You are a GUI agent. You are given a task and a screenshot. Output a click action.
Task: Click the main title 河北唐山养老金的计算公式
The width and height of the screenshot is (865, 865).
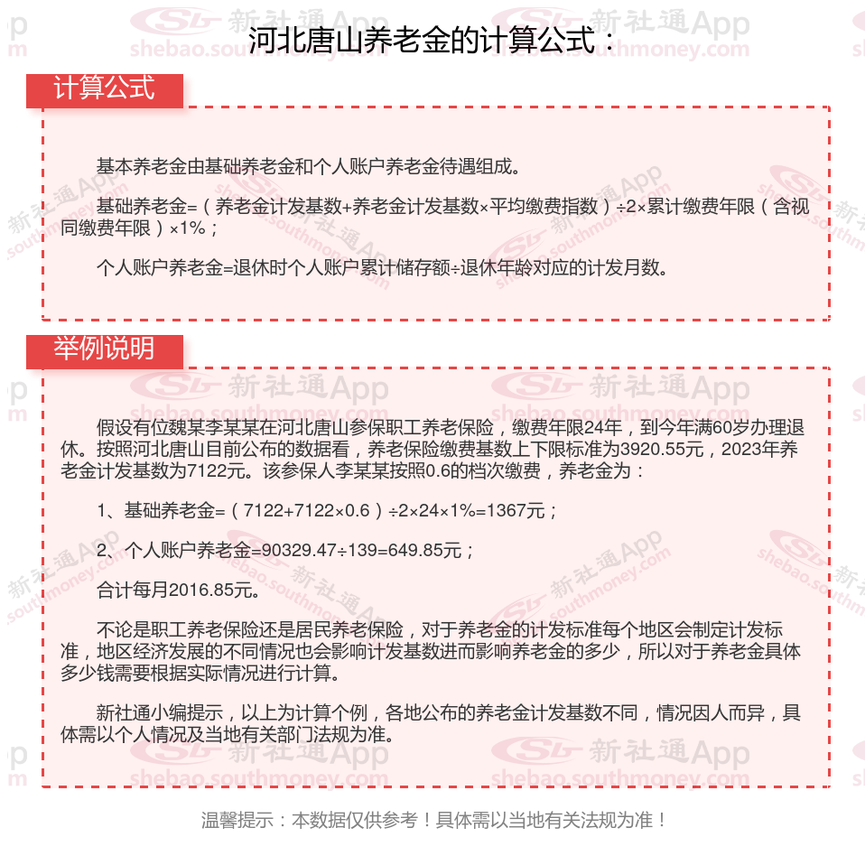(x=432, y=41)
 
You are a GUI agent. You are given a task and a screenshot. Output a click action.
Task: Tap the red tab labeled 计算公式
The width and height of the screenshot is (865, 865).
(x=104, y=88)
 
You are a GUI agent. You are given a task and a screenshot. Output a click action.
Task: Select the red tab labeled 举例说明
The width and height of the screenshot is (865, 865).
(x=104, y=349)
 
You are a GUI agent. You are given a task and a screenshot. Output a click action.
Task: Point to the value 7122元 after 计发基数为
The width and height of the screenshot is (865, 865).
(x=217, y=470)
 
